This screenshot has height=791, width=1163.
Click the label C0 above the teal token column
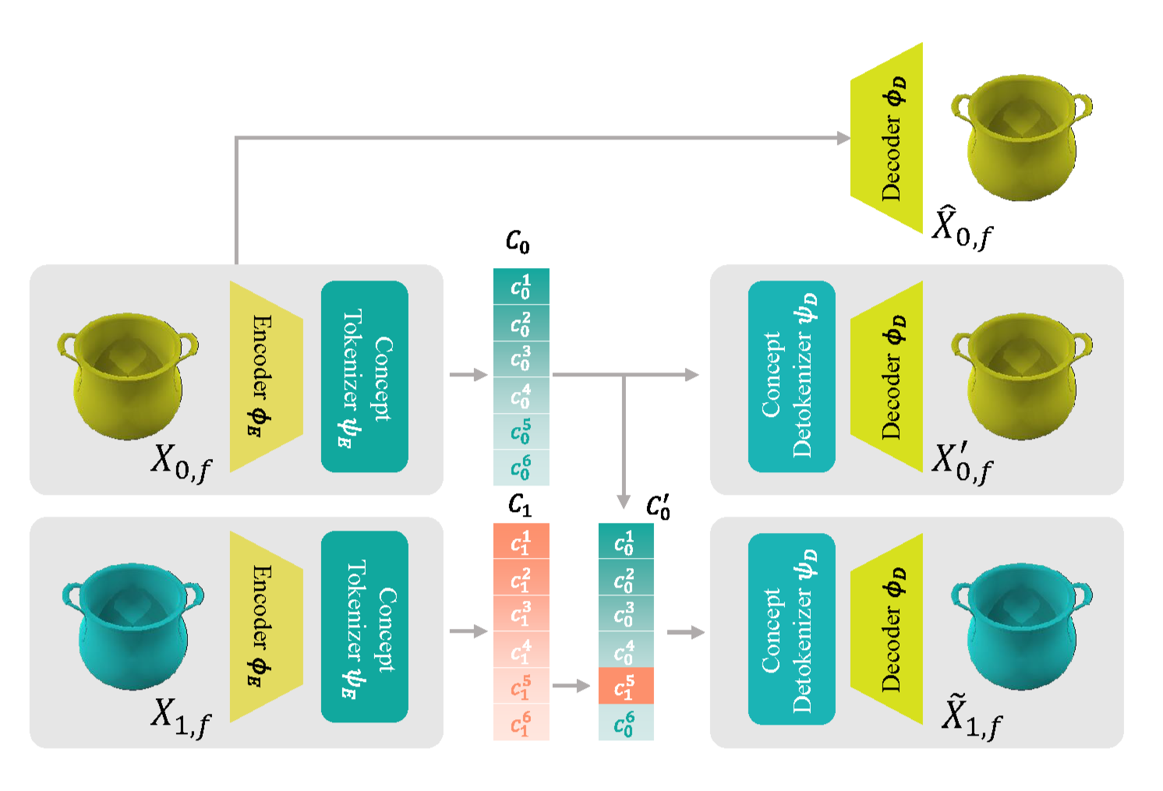coord(518,242)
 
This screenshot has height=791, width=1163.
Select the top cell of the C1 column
coord(521,541)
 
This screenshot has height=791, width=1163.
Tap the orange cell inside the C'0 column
coord(625,687)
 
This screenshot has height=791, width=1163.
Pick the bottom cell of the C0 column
coord(521,468)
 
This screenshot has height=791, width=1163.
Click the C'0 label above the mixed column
coord(658,507)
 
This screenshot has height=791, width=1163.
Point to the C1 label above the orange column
coord(519,505)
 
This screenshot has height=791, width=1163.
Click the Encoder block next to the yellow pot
coord(263,376)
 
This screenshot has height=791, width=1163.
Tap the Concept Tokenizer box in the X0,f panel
coord(364,376)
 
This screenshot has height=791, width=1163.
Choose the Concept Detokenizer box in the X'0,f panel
coord(791,376)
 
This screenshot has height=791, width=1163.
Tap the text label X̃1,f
coord(970,716)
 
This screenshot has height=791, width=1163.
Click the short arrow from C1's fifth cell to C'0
coord(571,686)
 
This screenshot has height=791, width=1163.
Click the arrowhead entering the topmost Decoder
coord(843,138)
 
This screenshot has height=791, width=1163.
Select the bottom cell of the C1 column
coord(521,723)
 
